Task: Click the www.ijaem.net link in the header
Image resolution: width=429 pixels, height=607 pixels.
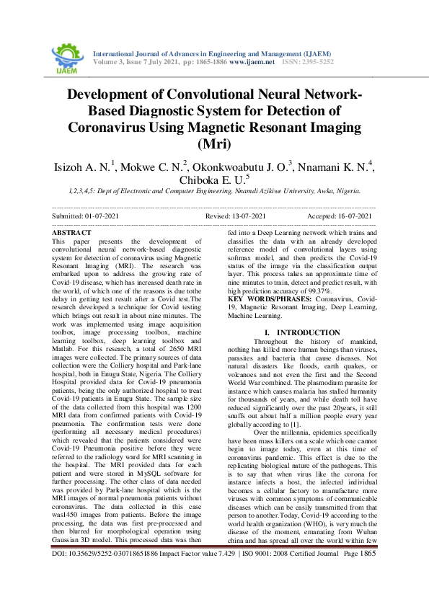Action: click(252, 63)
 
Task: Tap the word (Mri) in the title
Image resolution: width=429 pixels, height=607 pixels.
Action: click(214, 143)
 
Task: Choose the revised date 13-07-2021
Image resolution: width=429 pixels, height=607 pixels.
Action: click(249, 216)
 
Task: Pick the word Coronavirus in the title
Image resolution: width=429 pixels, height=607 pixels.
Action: click(112, 127)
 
